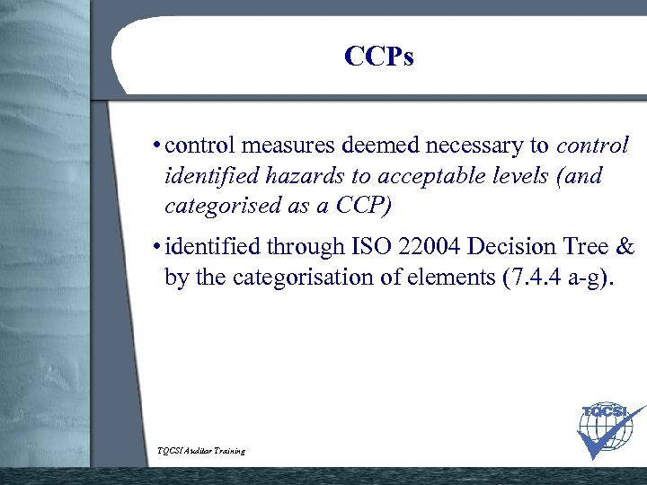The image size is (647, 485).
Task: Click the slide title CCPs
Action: [378, 57]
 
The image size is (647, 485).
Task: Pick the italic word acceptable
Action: [425, 176]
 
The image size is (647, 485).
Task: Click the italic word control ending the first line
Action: [592, 145]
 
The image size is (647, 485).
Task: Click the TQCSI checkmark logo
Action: [608, 430]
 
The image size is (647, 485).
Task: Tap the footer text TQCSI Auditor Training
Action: [201, 450]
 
